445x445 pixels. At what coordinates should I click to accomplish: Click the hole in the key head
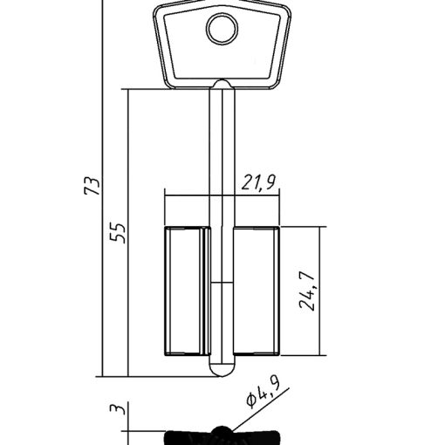pyautogui.click(x=222, y=29)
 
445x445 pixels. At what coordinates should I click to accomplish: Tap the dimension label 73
pyautogui.click(x=92, y=185)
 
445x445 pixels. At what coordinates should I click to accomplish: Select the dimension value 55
pyautogui.click(x=118, y=233)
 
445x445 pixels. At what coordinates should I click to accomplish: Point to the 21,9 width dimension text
pyautogui.click(x=258, y=182)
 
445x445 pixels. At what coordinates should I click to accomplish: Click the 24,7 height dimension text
pyautogui.click(x=307, y=291)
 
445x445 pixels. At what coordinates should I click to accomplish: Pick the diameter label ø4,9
pyautogui.click(x=263, y=393)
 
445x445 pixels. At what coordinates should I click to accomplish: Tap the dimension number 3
pyautogui.click(x=118, y=408)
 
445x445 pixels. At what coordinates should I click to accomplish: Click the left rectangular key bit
pyautogui.click(x=187, y=291)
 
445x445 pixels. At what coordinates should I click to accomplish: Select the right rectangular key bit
pyautogui.click(x=257, y=291)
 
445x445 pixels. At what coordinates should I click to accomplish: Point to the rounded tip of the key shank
pyautogui.click(x=222, y=369)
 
